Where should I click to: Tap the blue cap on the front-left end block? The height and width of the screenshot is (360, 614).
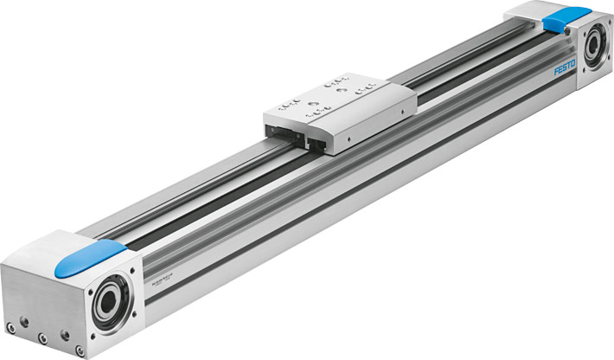pyautogui.click(x=88, y=257)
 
